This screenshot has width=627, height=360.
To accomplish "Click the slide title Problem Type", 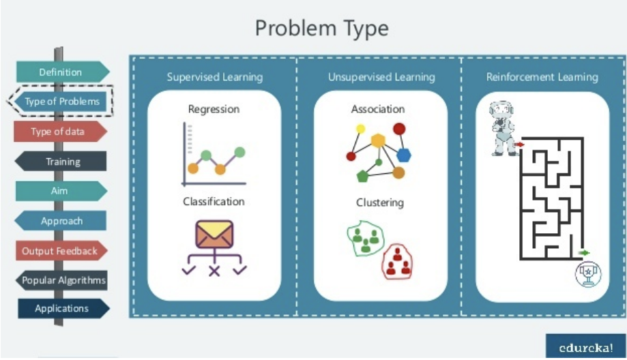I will coord(321,29).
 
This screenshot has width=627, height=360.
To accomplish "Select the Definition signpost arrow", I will coord(61,72).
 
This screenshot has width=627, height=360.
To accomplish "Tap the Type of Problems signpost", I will coord(61,102).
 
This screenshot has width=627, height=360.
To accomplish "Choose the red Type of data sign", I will coord(59,132).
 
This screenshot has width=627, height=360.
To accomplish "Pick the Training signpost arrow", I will coord(62,162).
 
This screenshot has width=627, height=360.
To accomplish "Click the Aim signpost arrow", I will coord(60,191).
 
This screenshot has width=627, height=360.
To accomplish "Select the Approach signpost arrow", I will coord(61,221).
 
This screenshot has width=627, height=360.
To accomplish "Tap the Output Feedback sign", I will coord(60,251).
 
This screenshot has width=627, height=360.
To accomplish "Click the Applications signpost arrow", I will coord(62,308).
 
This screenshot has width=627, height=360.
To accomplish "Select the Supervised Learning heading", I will coord(214,77).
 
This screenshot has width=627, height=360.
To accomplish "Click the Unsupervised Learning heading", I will coord(381,77).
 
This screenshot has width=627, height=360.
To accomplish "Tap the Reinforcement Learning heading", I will coord(542,77).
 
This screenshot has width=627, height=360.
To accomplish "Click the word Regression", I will coord(214,109).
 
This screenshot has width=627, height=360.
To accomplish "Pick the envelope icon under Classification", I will coord(214,234).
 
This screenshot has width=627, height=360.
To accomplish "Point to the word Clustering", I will coord(379,202).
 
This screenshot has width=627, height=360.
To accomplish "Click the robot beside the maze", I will coord(503,129).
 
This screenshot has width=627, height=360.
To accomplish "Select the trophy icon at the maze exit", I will coord(587,274).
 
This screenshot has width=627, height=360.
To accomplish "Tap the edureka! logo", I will coord(585,346).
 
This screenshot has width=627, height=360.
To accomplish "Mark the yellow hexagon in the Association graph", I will coord(378,140).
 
